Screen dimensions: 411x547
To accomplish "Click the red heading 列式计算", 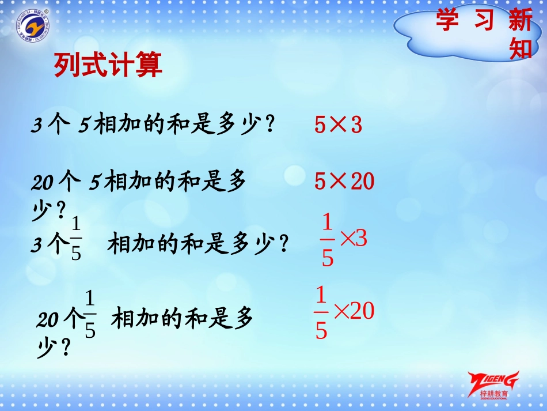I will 108,65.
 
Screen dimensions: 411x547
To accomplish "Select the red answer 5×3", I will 339,125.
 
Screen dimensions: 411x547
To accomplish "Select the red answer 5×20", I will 344,182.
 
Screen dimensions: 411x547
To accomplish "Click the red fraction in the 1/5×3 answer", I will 327,240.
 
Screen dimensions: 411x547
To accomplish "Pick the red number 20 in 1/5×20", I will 362,311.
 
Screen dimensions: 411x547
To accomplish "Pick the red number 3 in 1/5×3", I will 361,239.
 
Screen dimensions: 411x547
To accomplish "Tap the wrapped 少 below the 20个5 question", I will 41,210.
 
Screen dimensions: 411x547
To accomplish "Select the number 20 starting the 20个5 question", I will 43,183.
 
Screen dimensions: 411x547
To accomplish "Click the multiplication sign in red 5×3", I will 339,125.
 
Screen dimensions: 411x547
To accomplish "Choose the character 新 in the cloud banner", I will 521,21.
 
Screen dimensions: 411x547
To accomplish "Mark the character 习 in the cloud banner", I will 484,21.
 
